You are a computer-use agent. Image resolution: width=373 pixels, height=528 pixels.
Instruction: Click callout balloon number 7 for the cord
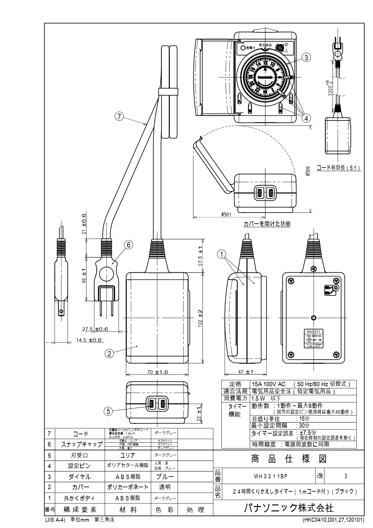coord(118,116)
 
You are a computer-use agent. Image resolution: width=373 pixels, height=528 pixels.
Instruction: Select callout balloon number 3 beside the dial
coord(307,57)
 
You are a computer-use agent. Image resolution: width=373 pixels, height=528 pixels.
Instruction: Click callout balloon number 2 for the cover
coord(109,354)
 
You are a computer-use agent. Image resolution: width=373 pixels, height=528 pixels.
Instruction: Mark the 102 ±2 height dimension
coord(200,319)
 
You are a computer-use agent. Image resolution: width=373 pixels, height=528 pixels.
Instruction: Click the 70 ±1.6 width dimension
coord(158,372)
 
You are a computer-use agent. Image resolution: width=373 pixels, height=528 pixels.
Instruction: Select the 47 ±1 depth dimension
coord(245,372)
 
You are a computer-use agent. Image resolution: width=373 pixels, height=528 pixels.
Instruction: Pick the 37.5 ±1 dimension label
coord(200,256)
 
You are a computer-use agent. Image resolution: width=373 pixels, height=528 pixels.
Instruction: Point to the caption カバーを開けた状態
coord(267,224)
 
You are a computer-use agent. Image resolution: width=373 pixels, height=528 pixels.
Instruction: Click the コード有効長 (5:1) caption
coord(338,168)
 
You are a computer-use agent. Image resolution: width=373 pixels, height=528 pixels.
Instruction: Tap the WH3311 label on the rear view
coord(314,332)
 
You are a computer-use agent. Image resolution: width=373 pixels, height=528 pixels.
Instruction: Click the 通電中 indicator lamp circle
coord(243,48)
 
